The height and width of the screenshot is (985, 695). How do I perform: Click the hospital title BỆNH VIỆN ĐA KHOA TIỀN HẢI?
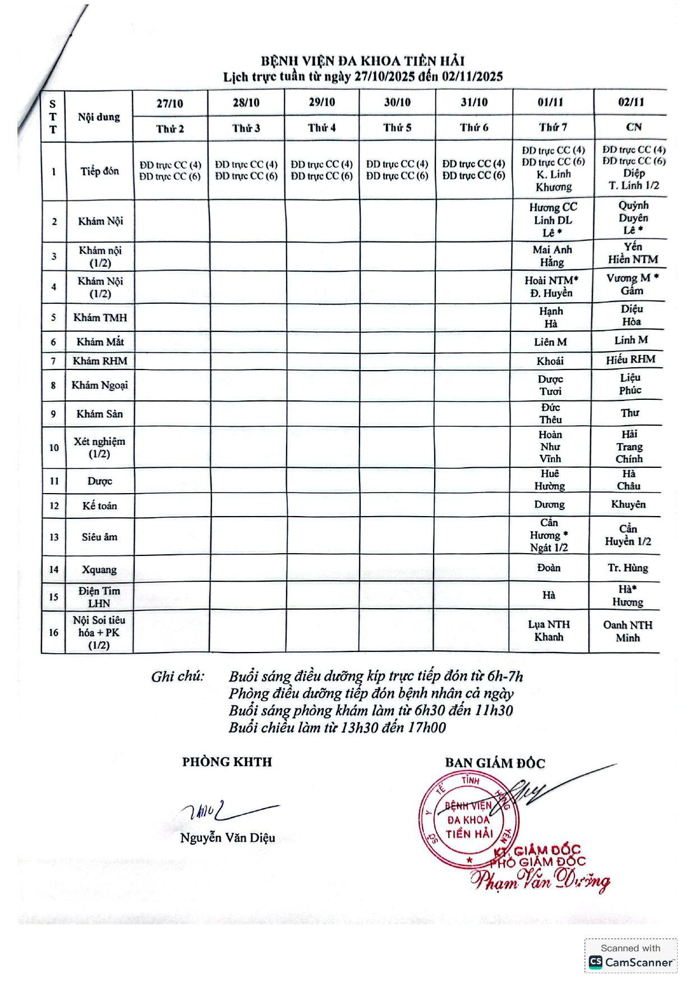(362, 61)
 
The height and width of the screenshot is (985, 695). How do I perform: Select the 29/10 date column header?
(321, 102)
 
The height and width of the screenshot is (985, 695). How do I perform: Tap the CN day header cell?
(633, 127)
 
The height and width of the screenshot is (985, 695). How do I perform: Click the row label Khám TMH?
(100, 317)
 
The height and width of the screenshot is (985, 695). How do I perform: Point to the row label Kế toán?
(99, 505)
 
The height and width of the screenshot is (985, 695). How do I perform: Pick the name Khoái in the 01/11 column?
(550, 361)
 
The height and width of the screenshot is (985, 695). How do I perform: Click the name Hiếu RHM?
(630, 359)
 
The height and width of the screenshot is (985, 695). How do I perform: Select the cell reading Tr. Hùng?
(627, 568)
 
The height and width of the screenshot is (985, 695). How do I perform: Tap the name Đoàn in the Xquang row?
(549, 568)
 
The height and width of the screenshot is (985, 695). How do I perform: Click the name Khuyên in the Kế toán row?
(628, 504)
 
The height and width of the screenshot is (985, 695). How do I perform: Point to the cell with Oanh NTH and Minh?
(627, 631)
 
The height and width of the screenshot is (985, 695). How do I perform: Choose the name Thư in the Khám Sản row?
(629, 413)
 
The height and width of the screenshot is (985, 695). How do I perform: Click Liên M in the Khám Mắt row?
(550, 341)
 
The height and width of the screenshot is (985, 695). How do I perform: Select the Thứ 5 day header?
(397, 127)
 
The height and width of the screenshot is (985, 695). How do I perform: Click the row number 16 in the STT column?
(53, 632)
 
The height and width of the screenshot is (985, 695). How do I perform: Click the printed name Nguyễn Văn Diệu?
(227, 838)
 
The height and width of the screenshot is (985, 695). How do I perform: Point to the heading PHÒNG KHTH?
(227, 762)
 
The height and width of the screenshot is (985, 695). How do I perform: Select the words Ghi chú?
(177, 677)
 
